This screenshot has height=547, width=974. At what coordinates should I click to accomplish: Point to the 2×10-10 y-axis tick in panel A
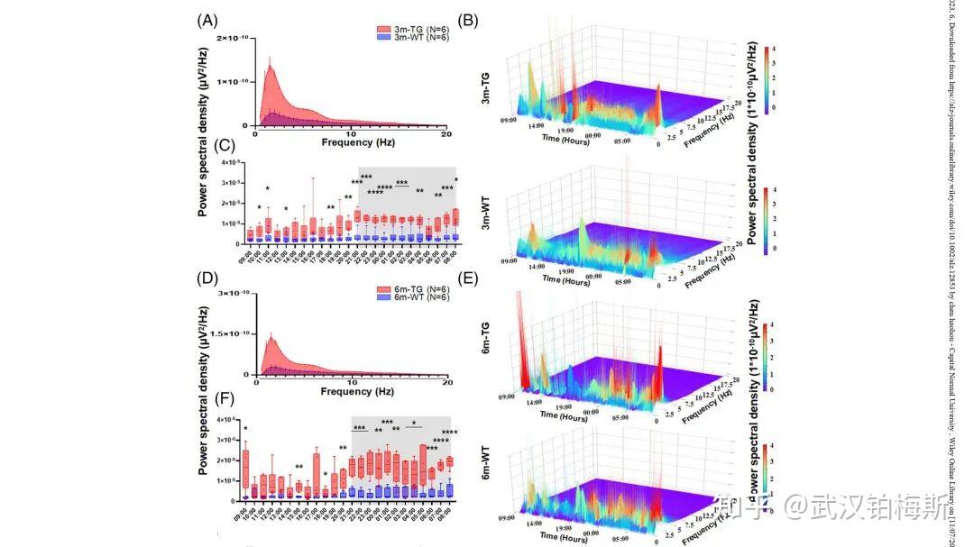(x=232, y=39)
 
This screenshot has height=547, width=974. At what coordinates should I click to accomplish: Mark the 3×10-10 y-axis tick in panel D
(x=232, y=293)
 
